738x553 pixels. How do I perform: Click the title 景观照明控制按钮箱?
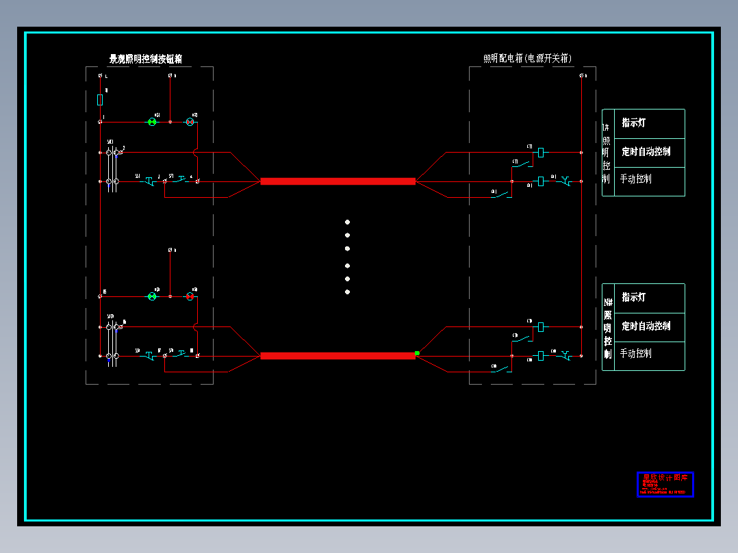146,59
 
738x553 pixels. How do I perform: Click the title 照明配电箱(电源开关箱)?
527,59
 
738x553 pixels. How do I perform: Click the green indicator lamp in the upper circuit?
153,122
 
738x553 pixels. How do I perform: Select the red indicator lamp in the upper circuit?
191,122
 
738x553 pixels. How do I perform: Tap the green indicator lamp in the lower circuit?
153,296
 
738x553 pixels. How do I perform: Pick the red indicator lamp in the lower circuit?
191,296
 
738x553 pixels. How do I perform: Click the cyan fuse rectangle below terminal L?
101,100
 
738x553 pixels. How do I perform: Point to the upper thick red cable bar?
338,181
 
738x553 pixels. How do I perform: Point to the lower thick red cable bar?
338,356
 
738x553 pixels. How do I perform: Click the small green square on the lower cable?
417,353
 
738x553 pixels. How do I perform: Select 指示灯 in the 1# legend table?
633,123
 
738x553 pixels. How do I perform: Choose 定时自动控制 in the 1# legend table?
646,152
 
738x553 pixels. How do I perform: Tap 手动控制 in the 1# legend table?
636,179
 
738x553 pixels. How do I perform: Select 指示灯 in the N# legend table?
633,298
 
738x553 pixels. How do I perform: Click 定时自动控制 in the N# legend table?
646,326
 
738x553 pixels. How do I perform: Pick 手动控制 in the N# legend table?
636,354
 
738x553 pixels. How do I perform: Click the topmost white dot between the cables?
347,222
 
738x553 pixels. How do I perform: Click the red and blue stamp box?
665,484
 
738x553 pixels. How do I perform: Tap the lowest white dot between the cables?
347,292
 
